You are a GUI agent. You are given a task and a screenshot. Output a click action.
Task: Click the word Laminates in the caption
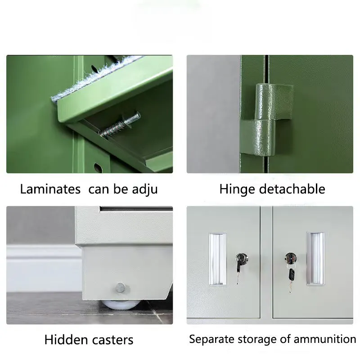point(50,189)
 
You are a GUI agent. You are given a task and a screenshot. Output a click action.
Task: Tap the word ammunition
point(327,339)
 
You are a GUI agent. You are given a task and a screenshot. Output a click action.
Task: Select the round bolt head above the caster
point(120,287)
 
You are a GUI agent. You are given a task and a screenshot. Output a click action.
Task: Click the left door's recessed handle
point(217,259)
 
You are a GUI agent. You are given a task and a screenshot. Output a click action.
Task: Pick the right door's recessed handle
point(315,258)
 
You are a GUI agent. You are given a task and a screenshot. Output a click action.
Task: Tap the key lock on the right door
point(290,258)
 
